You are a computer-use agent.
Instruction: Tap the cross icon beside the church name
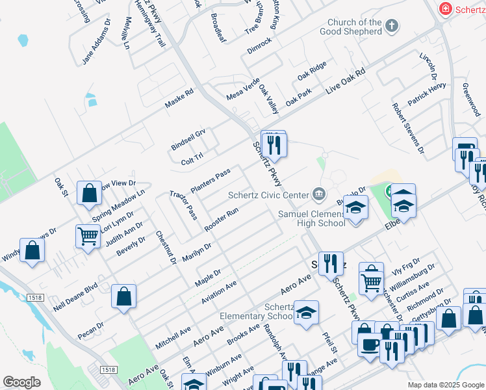[391, 27]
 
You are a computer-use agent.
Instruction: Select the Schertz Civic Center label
[268, 194]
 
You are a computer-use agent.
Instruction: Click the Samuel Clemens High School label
[311, 218]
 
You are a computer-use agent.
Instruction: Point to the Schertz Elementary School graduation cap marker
[306, 313]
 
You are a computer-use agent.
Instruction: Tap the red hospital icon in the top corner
[445, 9]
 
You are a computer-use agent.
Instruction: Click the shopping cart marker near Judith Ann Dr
[88, 235]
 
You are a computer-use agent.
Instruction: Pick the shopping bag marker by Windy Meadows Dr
[32, 250]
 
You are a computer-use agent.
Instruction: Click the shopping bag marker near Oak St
[89, 192]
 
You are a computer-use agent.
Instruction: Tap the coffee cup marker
[370, 344]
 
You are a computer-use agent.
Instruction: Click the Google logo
[21, 382]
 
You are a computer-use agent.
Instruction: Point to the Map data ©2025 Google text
[445, 385]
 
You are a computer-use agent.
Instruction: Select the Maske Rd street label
[179, 99]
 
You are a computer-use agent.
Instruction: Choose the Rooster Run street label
[222, 219]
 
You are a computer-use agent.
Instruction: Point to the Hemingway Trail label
[151, 23]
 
